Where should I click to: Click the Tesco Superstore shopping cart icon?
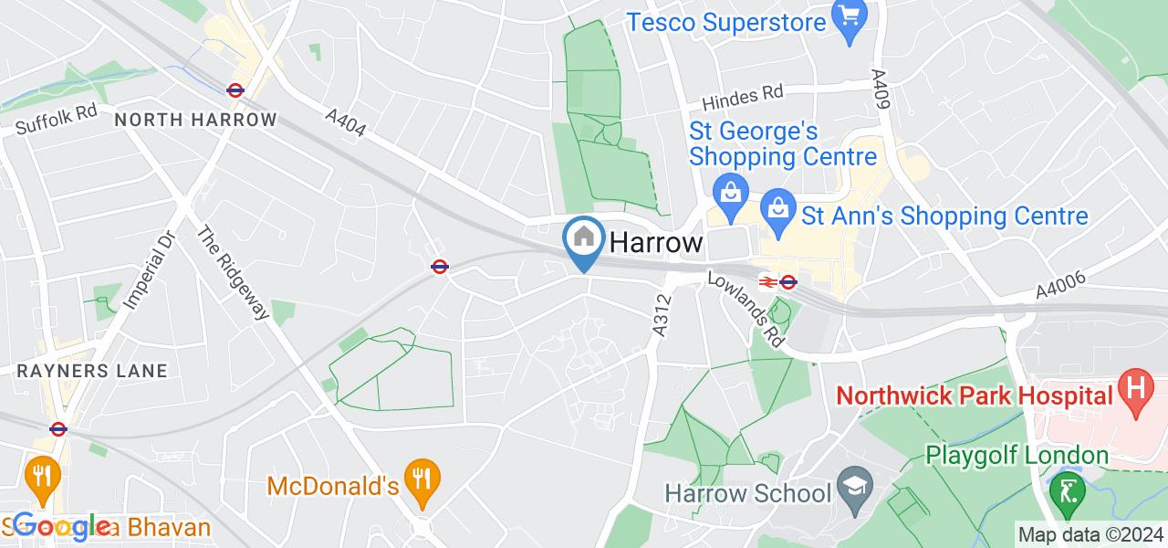850,17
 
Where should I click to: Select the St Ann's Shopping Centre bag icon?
777,205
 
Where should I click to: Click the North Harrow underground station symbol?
235,90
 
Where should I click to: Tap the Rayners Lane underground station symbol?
58,428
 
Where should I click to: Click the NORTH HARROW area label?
195,120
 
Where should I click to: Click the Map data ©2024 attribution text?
1090,534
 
